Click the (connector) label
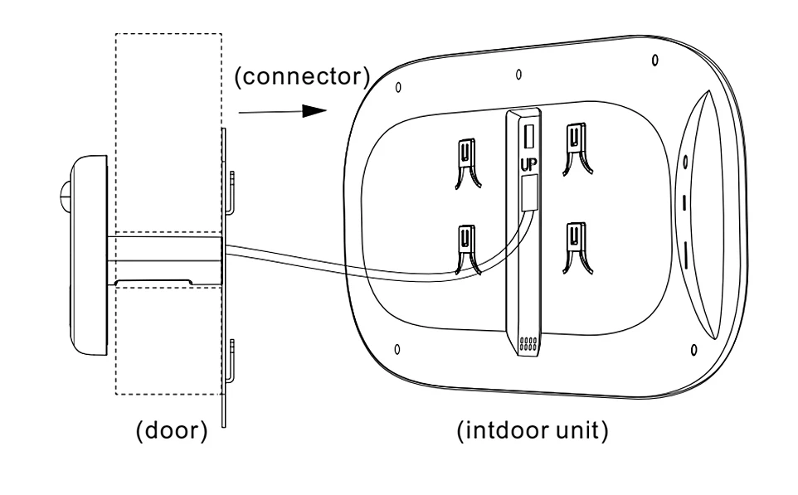[x=300, y=78]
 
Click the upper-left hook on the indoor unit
[x=466, y=161]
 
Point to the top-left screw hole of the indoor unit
[x=398, y=87]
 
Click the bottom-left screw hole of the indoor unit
[x=396, y=348]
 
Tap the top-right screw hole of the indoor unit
[x=655, y=61]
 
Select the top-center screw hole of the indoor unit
[x=518, y=73]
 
